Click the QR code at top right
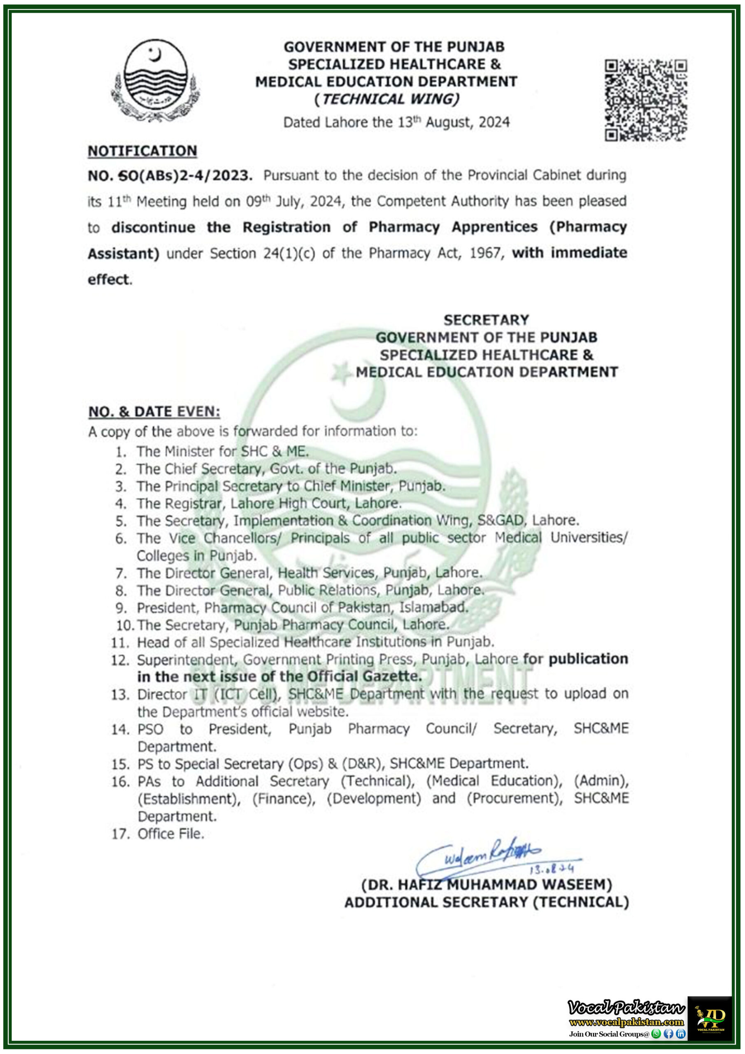(645, 100)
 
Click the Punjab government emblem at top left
(155, 79)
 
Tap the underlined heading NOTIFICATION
(142, 151)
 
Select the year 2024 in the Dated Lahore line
(494, 123)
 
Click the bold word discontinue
(153, 227)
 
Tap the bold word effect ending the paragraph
(108, 280)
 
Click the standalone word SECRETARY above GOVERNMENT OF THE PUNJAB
(486, 319)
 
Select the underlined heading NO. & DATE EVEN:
(154, 412)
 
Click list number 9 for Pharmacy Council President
(121, 608)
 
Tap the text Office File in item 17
(170, 834)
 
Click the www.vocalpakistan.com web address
(626, 1022)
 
